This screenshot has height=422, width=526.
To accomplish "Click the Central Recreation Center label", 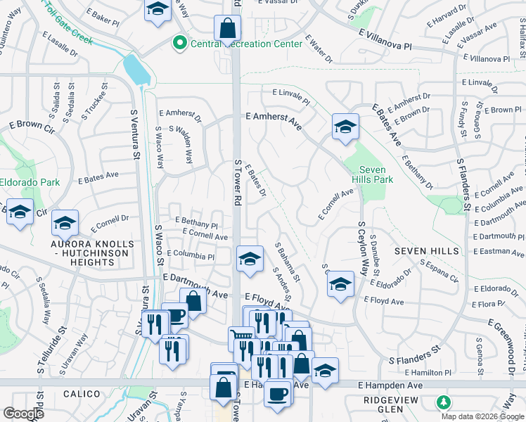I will tap(247, 44).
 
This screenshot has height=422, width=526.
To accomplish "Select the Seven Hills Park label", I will tap(376, 174).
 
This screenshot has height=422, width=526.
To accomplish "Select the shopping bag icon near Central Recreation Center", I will tap(228, 29).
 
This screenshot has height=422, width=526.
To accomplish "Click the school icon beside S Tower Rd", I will tap(250, 258).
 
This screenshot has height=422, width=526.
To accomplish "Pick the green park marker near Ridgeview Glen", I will tap(444, 403).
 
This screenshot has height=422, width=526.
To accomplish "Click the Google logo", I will tap(23, 414).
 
